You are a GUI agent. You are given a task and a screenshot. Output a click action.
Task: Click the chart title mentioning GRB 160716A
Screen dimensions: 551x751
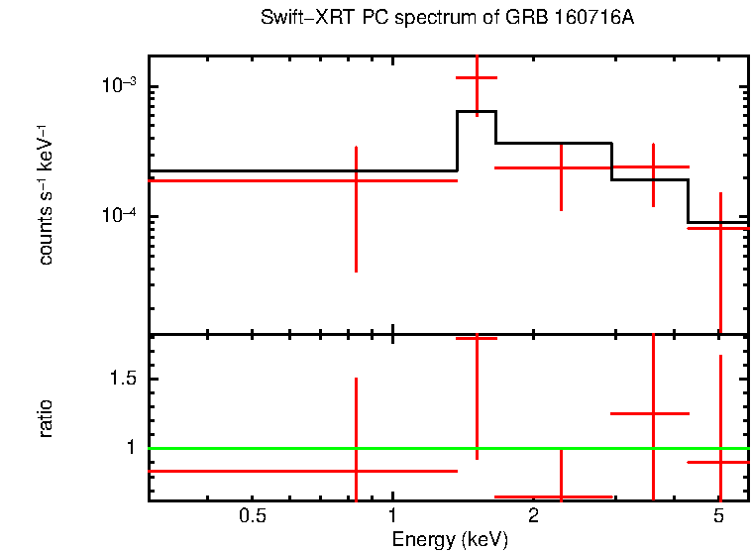point(447,19)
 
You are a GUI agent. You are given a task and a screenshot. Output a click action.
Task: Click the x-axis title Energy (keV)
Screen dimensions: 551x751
point(450,539)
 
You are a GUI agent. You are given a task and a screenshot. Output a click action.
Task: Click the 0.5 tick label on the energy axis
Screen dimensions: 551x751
point(254,516)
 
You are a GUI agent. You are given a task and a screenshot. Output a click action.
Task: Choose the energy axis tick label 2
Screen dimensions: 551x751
point(533,516)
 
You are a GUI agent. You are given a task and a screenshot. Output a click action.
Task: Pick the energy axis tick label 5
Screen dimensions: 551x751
point(719,516)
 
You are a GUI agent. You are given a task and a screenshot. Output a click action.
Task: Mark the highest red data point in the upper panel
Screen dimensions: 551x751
point(477,77)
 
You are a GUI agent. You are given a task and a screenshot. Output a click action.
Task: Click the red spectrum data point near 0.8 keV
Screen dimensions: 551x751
point(356,180)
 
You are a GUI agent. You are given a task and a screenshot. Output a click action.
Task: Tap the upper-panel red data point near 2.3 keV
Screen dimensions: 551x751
point(561,168)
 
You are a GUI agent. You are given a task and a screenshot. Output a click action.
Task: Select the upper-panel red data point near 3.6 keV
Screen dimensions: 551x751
point(653,167)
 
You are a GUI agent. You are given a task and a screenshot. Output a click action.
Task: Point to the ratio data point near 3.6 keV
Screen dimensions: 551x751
point(653,413)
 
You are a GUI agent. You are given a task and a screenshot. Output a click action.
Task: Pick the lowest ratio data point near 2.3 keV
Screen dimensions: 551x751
point(561,496)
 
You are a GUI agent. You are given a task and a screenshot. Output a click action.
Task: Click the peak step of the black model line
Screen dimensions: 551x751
point(477,111)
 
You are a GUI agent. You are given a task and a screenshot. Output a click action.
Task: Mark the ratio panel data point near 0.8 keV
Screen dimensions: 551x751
point(356,471)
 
